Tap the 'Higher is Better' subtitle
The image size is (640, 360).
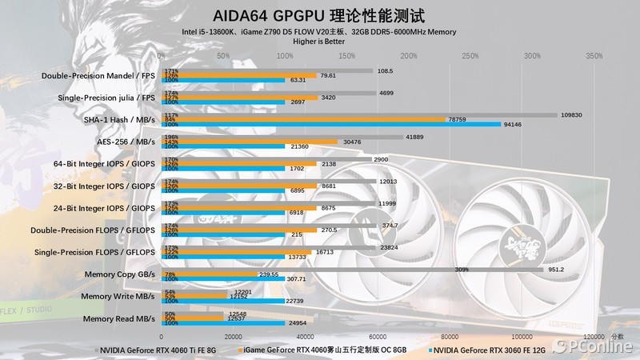click(x=319, y=41)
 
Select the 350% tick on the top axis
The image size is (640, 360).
click(x=594, y=56)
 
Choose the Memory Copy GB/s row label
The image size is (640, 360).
click(x=119, y=274)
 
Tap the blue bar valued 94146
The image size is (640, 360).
click(x=331, y=124)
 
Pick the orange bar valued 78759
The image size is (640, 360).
click(x=303, y=119)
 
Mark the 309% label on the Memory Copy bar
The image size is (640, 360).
click(x=461, y=270)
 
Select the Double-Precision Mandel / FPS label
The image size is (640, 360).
click(x=98, y=76)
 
